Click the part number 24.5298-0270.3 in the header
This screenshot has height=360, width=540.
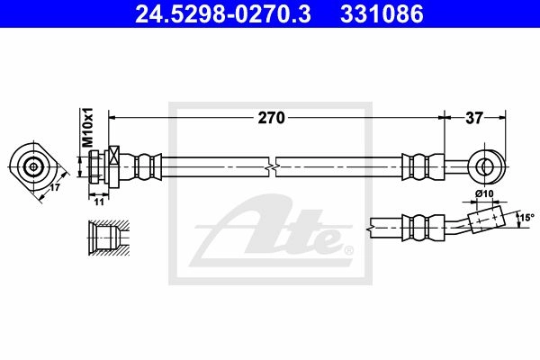tap(223, 13)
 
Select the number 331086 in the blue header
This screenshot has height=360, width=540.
tap(382, 13)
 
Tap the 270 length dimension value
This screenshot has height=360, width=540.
tap(272, 118)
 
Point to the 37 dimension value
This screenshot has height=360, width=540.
tap(474, 118)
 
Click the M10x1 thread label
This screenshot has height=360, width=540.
tap(87, 128)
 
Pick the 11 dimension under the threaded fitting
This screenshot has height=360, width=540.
tap(99, 202)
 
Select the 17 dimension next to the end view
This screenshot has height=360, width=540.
tap(55, 188)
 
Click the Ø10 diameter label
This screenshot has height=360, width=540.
tap(484, 194)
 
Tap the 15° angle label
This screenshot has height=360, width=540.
tap(526, 218)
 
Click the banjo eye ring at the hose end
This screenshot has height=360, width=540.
tap(488, 166)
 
